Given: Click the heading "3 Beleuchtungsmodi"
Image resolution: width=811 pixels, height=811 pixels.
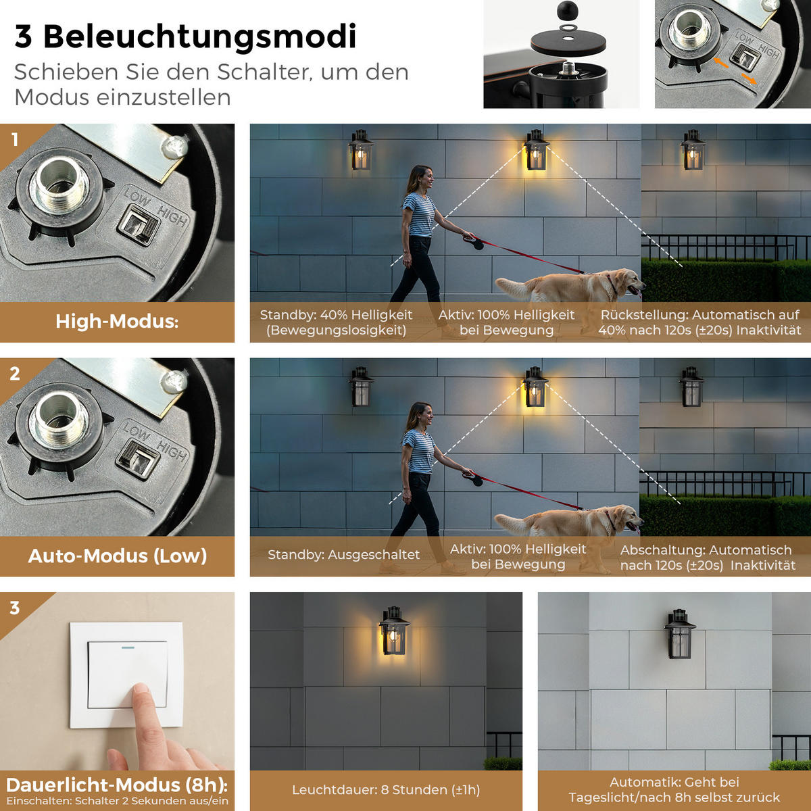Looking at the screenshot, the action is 186,37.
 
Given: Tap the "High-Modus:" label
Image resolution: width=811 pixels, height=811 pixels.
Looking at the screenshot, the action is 117,322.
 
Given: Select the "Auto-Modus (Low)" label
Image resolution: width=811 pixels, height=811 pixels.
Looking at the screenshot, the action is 118,556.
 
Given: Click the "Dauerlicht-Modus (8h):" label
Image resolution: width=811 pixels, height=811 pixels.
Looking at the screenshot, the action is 117,785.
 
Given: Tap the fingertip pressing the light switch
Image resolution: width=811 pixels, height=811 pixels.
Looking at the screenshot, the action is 141,693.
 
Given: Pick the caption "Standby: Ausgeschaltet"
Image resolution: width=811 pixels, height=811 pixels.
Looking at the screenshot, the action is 343,554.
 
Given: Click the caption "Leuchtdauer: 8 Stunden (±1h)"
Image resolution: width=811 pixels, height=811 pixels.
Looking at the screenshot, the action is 386,789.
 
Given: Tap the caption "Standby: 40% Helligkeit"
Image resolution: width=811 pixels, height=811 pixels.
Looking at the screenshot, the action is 336,315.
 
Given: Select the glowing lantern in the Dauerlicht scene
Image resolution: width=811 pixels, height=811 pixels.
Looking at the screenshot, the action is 394,631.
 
